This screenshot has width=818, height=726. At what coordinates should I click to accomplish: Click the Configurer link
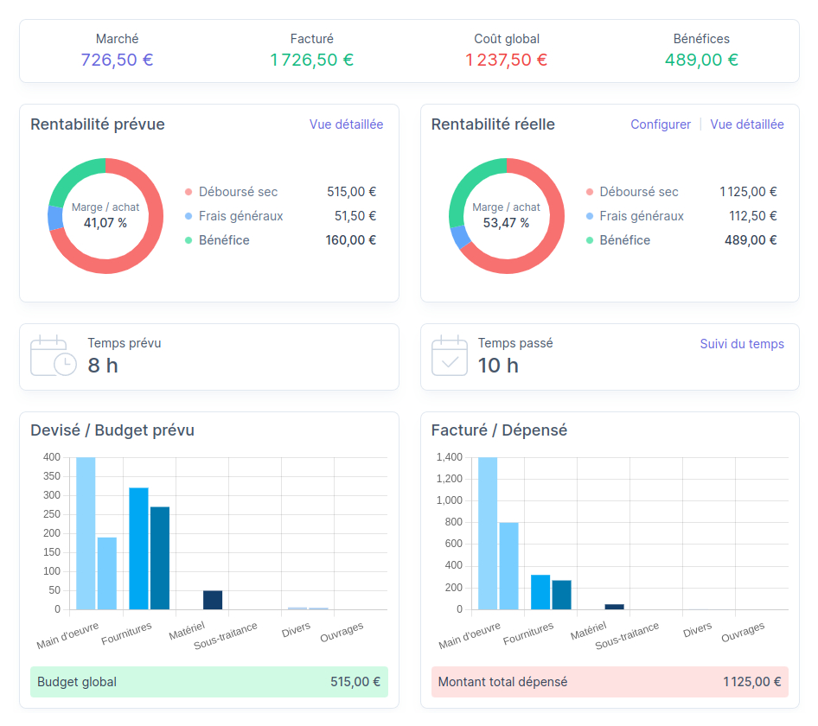point(660,124)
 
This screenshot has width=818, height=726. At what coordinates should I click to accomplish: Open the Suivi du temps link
point(741,344)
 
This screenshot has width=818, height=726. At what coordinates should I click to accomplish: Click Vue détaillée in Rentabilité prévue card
point(346,124)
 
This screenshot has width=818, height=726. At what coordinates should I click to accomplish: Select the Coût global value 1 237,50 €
point(506,60)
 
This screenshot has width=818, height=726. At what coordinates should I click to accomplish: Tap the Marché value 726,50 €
point(117,60)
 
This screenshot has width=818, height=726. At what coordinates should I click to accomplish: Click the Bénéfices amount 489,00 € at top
point(700,60)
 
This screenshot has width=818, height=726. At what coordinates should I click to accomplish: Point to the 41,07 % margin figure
point(105,223)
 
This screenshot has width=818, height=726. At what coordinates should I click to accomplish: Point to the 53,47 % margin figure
point(506,223)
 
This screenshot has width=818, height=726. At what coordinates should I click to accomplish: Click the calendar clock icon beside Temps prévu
point(53,356)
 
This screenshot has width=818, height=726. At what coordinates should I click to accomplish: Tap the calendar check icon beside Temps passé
point(450,356)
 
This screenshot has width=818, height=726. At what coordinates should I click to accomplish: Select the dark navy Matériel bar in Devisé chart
point(213,600)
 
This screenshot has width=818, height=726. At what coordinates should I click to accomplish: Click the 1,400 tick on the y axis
point(450,457)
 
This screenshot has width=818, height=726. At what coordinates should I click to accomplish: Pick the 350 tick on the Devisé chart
point(52,476)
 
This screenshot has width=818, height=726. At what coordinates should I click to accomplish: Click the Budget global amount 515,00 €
point(355,682)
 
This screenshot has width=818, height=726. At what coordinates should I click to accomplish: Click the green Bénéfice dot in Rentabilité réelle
point(590,240)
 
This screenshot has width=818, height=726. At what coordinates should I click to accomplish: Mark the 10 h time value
point(498,366)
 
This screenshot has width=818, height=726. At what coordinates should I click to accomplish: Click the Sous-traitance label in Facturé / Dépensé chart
point(627,635)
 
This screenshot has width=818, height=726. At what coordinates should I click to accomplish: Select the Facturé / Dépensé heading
point(499,430)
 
